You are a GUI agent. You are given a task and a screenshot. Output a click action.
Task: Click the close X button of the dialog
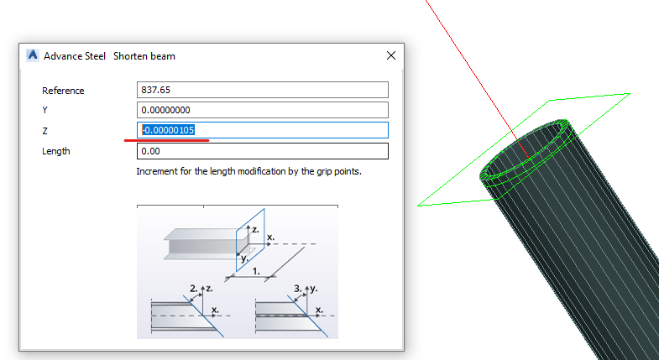(x=391, y=55)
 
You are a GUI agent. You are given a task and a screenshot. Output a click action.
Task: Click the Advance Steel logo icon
(x=33, y=55)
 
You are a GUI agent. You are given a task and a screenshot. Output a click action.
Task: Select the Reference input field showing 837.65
(x=262, y=90)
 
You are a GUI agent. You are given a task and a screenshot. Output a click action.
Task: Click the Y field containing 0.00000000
(x=262, y=110)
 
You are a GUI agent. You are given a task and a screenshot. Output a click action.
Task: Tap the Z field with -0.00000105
(x=262, y=130)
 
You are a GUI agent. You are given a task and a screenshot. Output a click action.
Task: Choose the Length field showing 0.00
(x=262, y=151)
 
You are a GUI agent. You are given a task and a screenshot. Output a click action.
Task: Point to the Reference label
(x=63, y=91)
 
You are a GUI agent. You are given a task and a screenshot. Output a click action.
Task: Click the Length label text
(x=56, y=151)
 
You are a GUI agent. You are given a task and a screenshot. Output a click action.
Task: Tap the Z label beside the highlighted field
(x=44, y=131)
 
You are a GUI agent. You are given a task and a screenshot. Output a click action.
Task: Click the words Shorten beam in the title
(x=144, y=56)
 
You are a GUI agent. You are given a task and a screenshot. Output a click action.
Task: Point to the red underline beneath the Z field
(x=167, y=140)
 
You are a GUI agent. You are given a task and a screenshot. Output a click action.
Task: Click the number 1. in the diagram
(x=256, y=271)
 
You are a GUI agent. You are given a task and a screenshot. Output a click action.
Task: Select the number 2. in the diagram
(x=194, y=289)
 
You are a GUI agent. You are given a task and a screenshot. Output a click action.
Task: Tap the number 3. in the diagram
(x=298, y=289)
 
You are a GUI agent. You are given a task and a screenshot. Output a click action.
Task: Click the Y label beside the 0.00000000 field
(x=44, y=111)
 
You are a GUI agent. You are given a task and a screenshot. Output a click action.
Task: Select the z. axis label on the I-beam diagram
(x=255, y=230)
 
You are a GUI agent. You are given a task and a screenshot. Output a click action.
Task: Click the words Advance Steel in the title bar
(x=75, y=56)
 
